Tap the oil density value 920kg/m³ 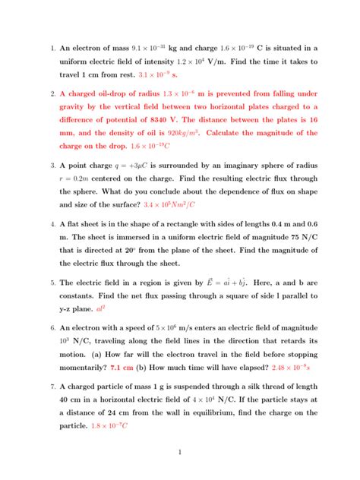(x=185, y=133)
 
